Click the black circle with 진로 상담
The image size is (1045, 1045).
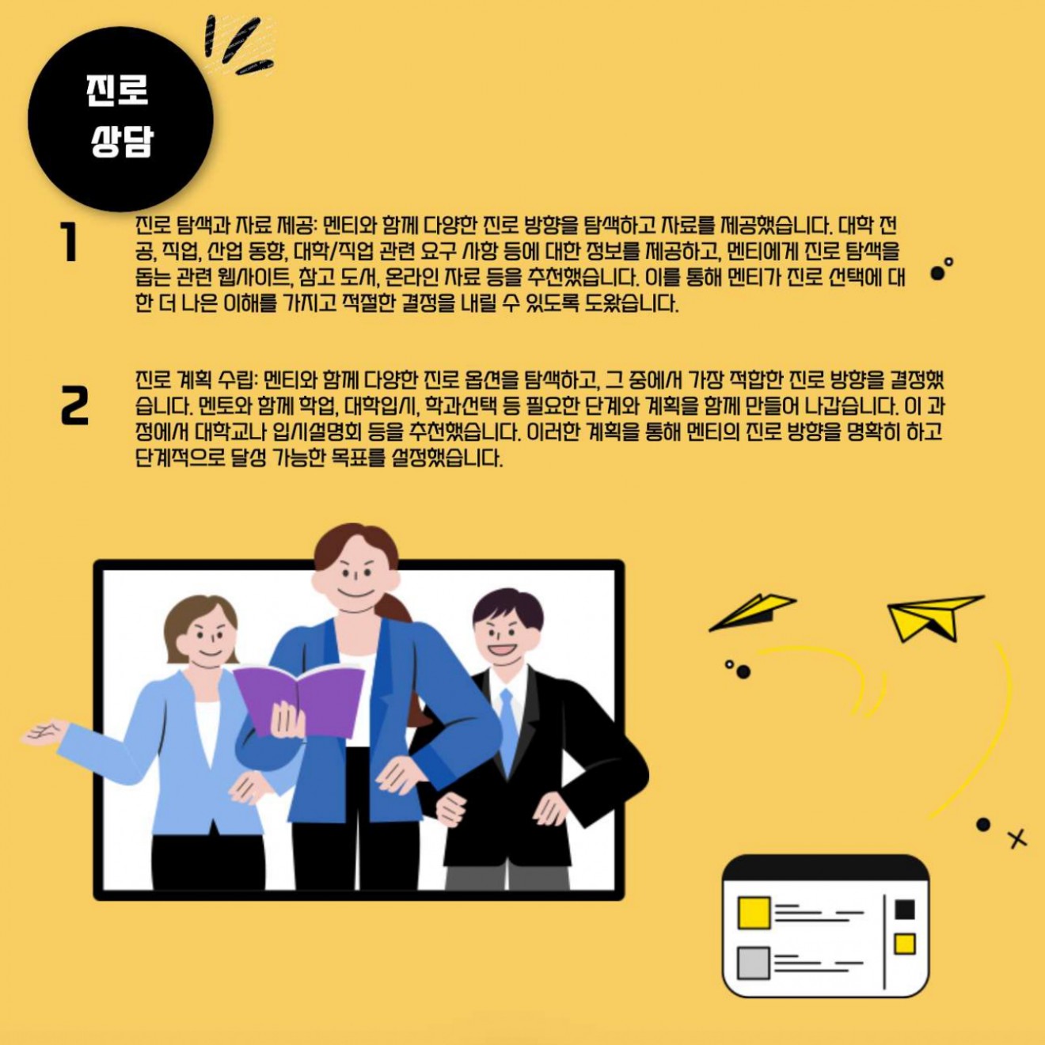tap(120, 119)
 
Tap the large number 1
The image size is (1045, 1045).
tap(70, 242)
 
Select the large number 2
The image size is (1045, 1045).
tap(74, 405)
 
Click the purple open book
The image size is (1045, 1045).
tap(300, 701)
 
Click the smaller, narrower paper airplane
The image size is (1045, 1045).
tap(753, 612)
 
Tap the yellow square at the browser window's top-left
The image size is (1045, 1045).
tap(754, 912)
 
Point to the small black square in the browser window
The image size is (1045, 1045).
tap(905, 910)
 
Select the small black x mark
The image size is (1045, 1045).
tap(1017, 839)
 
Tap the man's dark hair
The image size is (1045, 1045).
tap(507, 609)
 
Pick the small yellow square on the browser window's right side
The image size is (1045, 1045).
tap(905, 944)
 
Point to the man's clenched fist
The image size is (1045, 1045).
tap(450, 810)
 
